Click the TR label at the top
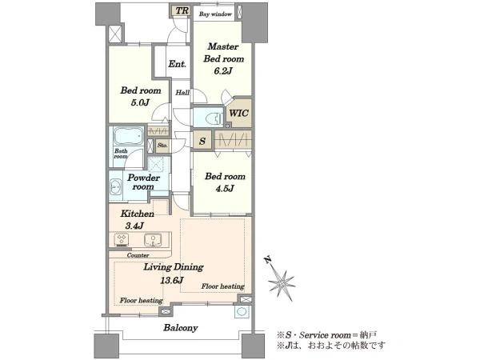coord(182,10)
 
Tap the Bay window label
coord(215,14)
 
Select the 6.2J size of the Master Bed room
coord(223,71)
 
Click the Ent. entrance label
coord(178,64)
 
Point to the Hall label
coord(182,93)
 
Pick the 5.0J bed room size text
coord(140,102)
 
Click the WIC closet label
coord(238,114)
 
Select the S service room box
coord(202,141)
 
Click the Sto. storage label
coord(162,146)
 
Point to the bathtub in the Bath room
coord(129,137)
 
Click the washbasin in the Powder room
coord(115,186)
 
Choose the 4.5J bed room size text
coord(225,189)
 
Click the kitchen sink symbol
coord(153,240)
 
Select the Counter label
coord(138,255)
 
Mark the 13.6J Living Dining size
coord(172,280)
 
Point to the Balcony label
coord(181,328)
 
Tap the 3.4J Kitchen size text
coord(134,226)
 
